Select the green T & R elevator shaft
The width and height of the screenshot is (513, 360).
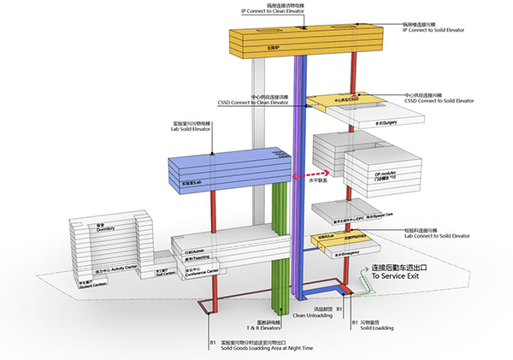coord(278,248)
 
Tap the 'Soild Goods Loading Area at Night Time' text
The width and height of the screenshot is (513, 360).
coord(253,350)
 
